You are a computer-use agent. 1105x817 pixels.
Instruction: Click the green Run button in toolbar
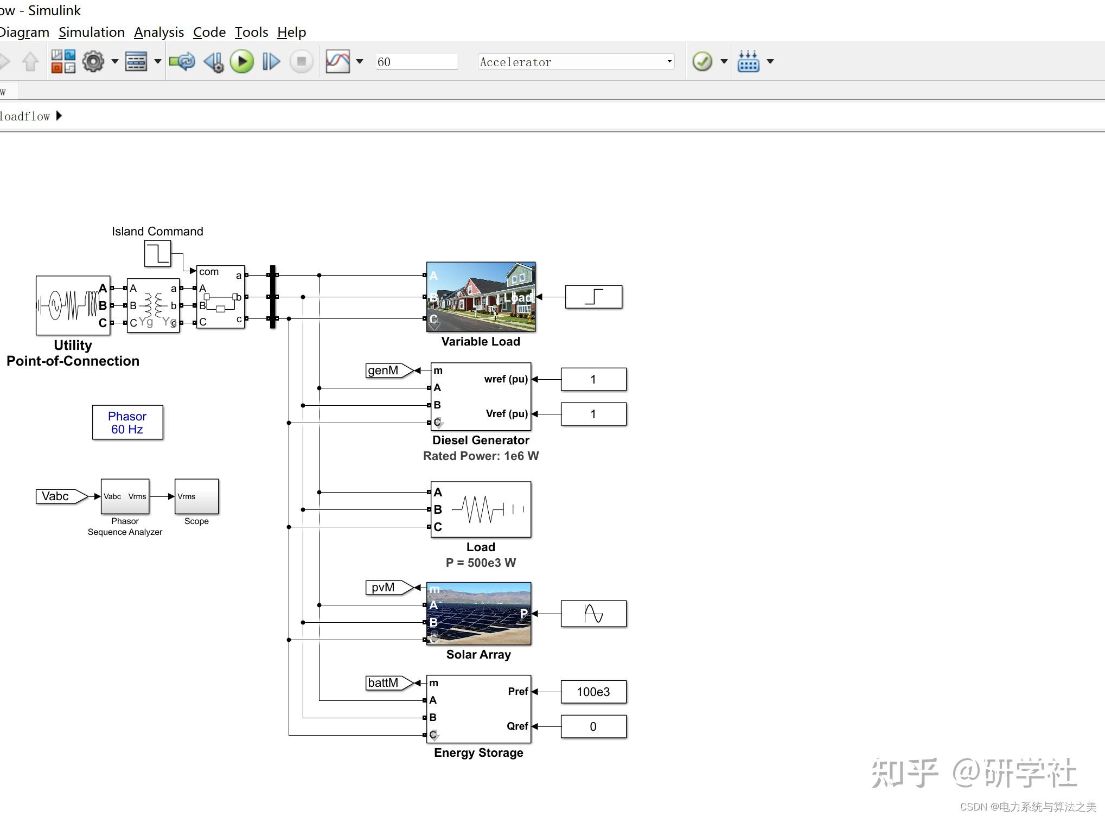pos(241,62)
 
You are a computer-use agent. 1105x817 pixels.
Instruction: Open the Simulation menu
pos(92,33)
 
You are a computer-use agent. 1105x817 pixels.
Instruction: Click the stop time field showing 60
pos(416,62)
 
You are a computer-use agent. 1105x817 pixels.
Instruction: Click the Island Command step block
pos(157,253)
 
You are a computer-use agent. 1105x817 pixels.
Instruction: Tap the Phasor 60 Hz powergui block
pos(127,423)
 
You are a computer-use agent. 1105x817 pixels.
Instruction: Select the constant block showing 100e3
pos(593,692)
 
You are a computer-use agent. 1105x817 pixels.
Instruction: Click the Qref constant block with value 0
pos(593,726)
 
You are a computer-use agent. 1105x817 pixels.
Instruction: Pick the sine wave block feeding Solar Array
pos(593,614)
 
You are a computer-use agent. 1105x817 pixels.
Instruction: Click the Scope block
pos(196,496)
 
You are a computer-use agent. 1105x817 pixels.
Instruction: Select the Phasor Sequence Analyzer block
pos(125,496)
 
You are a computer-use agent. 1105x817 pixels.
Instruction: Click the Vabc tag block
pos(59,496)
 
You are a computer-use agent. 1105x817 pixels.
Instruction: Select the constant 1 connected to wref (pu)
pos(593,379)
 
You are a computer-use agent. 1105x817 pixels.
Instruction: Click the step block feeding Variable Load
pos(593,297)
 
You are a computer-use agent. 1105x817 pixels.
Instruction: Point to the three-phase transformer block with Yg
pos(153,305)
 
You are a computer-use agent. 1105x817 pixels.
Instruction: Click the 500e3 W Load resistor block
pos(481,509)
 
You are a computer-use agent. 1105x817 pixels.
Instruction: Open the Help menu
pos(291,33)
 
